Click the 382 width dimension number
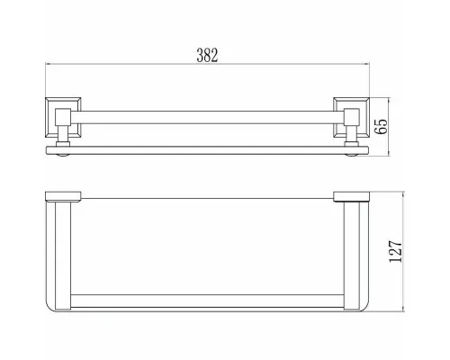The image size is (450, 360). [207, 56]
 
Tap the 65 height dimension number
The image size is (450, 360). [381, 126]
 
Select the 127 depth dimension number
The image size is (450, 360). [395, 251]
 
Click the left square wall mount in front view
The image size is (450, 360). [63, 117]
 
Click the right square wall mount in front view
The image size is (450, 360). [351, 117]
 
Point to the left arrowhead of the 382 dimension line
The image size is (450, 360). [48, 64]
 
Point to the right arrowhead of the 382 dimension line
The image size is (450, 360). [366, 64]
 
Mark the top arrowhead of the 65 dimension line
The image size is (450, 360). [389, 100]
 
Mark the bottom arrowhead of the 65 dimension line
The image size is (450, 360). [389, 153]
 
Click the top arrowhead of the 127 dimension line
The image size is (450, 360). [403, 194]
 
